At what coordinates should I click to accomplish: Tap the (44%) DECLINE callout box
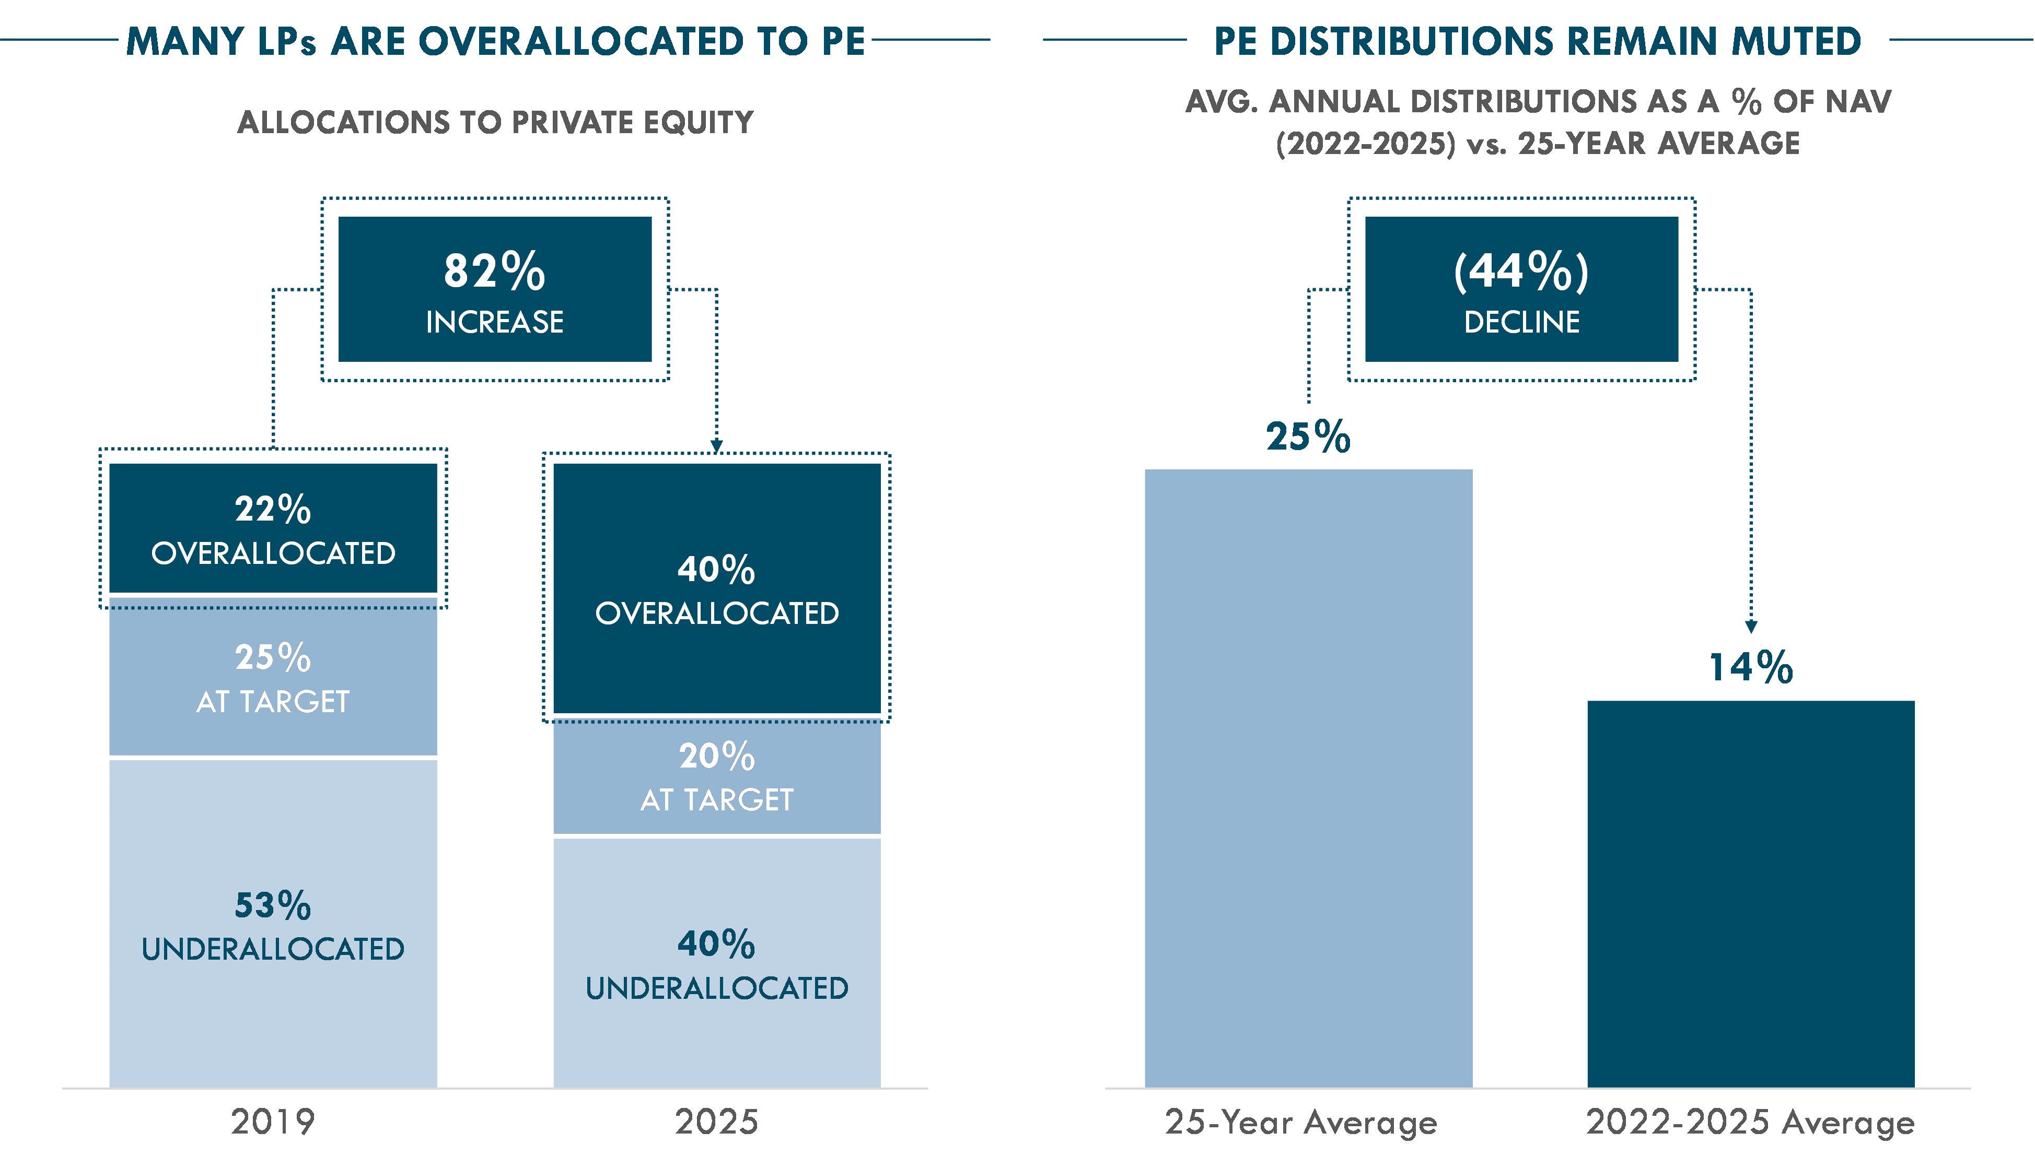1521,289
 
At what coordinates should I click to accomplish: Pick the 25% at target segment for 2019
273,677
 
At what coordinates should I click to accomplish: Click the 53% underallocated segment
273,923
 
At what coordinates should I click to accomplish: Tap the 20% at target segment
717,776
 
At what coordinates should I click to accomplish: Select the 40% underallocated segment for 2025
717,963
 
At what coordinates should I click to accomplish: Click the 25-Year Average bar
1308,778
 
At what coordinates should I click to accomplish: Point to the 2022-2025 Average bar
1751,894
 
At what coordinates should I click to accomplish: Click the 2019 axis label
273,1122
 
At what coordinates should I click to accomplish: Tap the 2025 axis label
717,1122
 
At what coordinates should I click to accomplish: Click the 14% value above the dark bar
1751,667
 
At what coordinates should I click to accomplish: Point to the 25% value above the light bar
1308,437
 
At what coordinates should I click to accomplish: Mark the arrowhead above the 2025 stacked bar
717,446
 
